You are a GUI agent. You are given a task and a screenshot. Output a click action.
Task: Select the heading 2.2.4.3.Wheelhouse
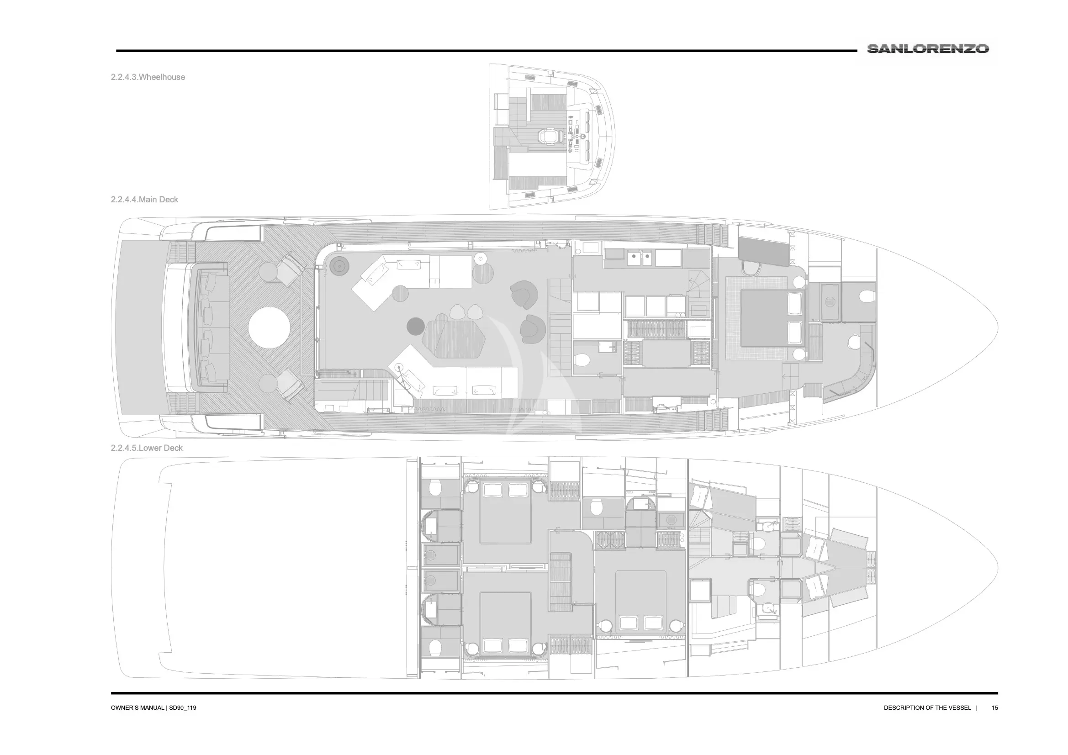(x=148, y=77)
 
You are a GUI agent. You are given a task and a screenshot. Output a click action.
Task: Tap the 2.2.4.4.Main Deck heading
(x=145, y=200)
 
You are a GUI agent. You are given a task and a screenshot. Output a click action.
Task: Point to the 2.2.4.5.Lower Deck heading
(x=147, y=448)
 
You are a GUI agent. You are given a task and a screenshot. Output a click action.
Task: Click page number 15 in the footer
(x=994, y=707)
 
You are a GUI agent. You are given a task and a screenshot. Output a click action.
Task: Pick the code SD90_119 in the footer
(x=182, y=707)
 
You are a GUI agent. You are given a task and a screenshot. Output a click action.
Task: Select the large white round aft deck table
(x=270, y=327)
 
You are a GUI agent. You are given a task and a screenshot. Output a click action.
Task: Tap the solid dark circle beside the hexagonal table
(x=415, y=326)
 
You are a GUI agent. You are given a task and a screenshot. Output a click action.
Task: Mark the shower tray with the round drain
(x=830, y=302)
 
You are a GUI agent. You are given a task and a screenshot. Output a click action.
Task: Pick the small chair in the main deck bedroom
(x=751, y=269)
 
